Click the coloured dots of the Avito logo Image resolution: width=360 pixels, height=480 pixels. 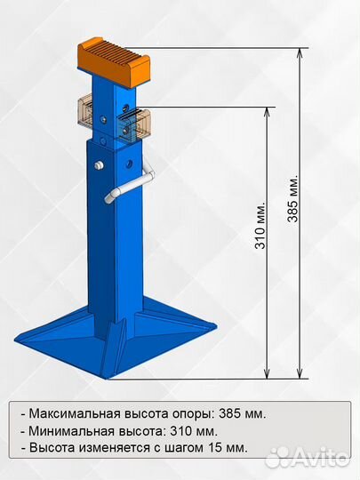[278, 457]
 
